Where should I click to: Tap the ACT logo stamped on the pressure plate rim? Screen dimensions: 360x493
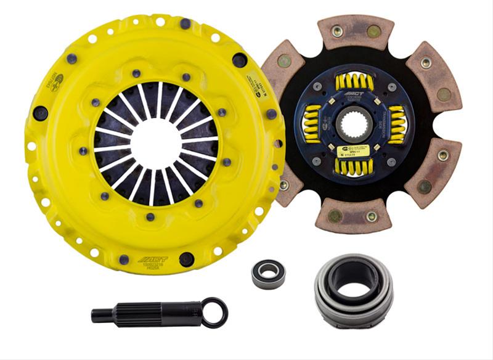150,260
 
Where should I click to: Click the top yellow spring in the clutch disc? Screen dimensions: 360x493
355,81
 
